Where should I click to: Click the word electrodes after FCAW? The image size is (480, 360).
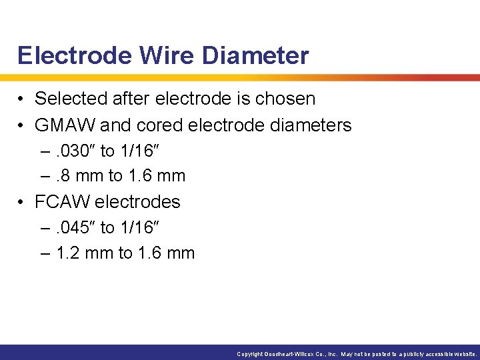click(138, 201)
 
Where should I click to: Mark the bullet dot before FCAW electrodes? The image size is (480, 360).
click(22, 201)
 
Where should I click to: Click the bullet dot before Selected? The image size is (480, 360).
click(22, 99)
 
